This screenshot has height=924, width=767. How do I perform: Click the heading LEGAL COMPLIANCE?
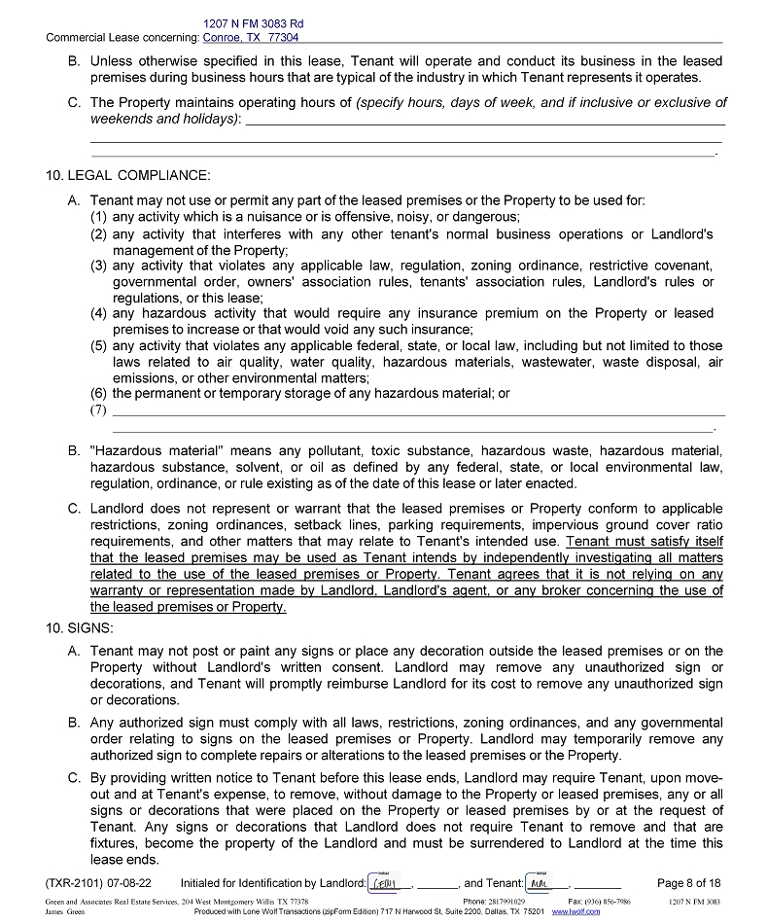coord(137,176)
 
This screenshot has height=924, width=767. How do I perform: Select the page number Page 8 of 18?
coord(689,883)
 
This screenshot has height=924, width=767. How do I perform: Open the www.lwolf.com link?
coord(575,912)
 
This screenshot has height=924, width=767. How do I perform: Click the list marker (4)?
coord(98,313)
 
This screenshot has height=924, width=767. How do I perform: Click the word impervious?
coord(556,526)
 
